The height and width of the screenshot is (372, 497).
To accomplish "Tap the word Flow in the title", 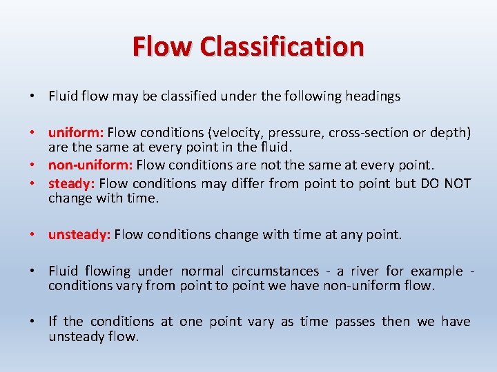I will point(163,47).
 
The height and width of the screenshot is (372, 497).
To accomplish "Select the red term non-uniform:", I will point(90,165).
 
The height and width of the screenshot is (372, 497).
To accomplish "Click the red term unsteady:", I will point(79,235).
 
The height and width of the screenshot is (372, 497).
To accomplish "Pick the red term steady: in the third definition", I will point(72,183).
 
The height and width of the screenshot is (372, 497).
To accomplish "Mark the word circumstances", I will point(274,271).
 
